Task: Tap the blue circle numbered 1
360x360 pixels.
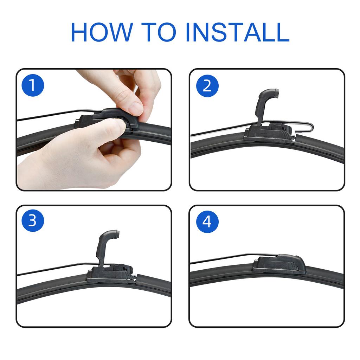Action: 33,85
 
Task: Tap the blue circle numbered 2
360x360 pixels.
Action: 207,86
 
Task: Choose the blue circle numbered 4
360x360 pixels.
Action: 207,221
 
